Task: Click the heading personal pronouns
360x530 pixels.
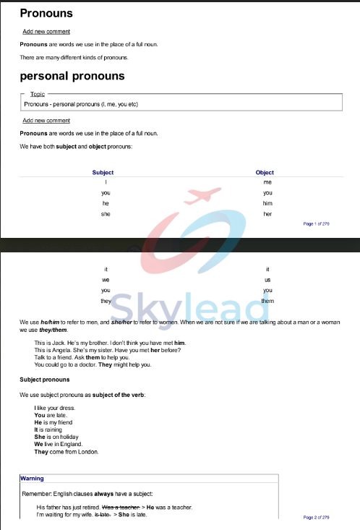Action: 72,76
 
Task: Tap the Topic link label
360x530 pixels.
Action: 38,94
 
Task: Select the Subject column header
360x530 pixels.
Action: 103,173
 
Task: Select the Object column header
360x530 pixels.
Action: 265,173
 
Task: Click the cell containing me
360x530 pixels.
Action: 267,182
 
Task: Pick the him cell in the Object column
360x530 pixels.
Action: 267,204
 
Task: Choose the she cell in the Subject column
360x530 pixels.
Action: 106,215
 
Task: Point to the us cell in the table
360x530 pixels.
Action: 267,280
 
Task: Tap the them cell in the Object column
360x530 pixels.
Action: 267,301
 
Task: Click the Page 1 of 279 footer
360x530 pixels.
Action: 317,224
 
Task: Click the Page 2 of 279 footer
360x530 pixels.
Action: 317,518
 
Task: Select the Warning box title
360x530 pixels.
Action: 32,479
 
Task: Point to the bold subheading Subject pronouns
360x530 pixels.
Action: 45,380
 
